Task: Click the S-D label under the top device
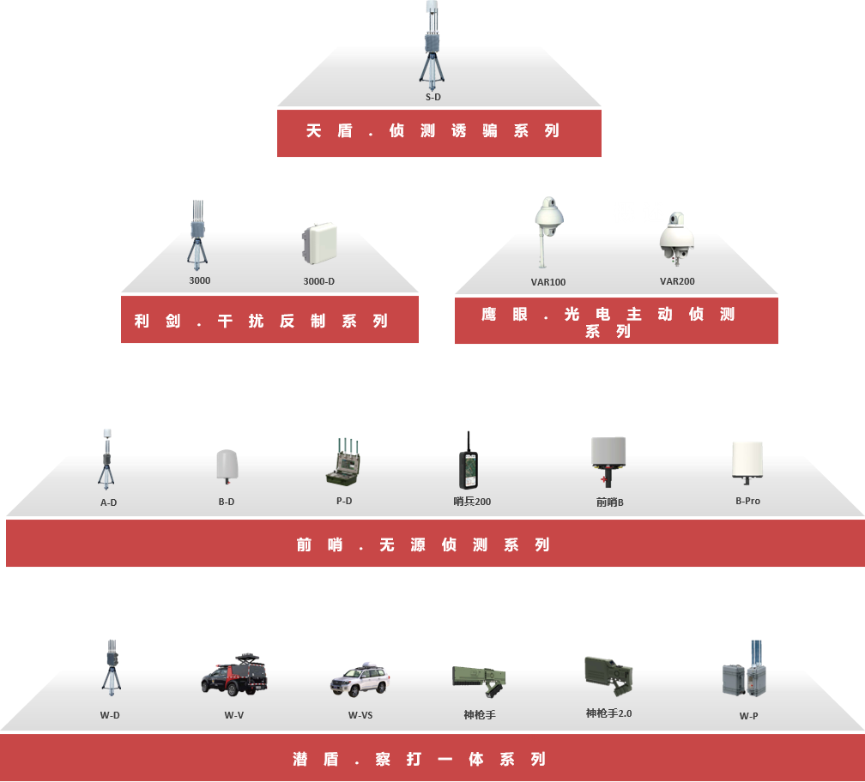coord(433,97)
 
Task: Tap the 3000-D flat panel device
coord(319,243)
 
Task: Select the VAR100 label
coord(547,282)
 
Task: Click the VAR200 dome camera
coord(677,238)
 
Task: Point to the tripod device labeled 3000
coord(197,235)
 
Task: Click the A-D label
coord(109,502)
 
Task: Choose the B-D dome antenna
coord(227,466)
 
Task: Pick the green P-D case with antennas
coord(343,462)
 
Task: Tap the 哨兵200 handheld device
coord(469,460)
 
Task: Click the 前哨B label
coord(609,502)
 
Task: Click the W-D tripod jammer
coord(112,667)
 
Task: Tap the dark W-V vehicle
coord(234,675)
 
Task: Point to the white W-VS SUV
coord(360,680)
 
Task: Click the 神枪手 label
coord(480,715)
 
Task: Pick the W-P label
coord(748,716)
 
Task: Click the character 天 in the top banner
coord(314,130)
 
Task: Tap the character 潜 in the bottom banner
coord(300,759)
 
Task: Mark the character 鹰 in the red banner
coord(489,314)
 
